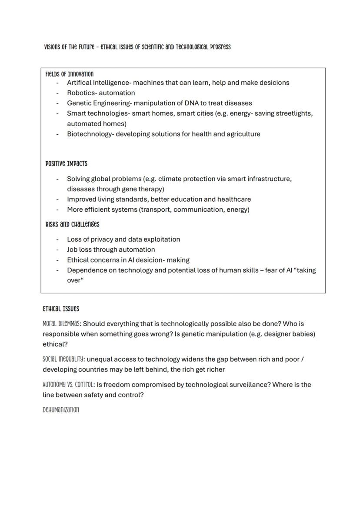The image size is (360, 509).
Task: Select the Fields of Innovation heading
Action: coord(69,74)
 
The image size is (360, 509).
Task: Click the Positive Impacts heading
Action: coord(66,164)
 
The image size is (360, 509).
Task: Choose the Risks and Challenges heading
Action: coord(72,225)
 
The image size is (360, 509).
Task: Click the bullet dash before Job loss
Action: coord(57,250)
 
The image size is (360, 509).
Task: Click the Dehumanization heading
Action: coord(61,410)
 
